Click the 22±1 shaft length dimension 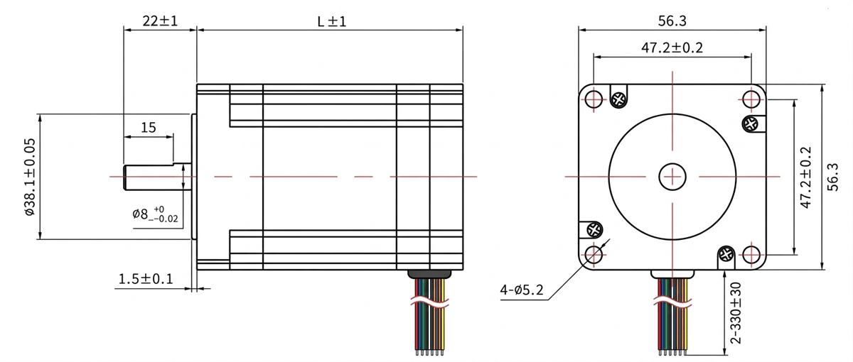pyautogui.click(x=160, y=21)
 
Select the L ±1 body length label pyautogui.click(x=332, y=21)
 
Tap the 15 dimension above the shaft pyautogui.click(x=149, y=127)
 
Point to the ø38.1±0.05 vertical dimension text pyautogui.click(x=30, y=177)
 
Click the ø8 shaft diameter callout pyautogui.click(x=155, y=214)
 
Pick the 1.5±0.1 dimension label pyautogui.click(x=146, y=279)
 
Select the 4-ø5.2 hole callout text pyautogui.click(x=521, y=290)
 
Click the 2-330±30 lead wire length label pyautogui.click(x=736, y=312)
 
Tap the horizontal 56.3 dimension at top pyautogui.click(x=672, y=21)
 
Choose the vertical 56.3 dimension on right pyautogui.click(x=833, y=177)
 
